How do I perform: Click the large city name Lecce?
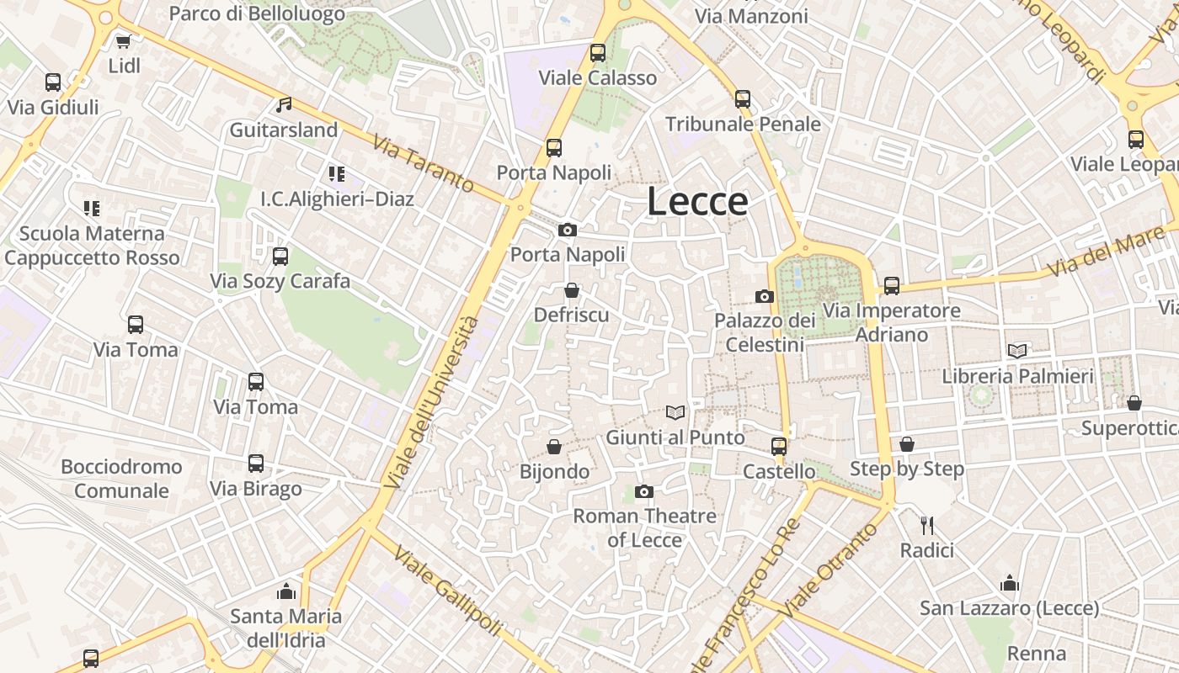click(697, 202)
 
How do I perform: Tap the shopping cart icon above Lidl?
click(124, 40)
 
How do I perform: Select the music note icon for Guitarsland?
click(284, 105)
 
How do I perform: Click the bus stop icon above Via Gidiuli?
click(53, 82)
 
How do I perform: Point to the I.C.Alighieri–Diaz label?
click(337, 199)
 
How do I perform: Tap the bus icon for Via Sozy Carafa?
click(280, 256)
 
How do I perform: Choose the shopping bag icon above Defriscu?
click(572, 290)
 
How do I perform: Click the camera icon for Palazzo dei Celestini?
click(765, 296)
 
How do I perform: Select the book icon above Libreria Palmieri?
click(1017, 351)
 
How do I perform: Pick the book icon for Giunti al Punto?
click(675, 412)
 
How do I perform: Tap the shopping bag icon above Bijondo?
click(554, 446)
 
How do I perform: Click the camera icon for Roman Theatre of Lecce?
click(644, 491)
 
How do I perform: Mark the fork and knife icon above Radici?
click(927, 526)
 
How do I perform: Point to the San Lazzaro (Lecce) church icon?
click(1010, 583)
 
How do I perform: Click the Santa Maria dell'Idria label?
click(286, 628)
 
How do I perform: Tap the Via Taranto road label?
click(423, 164)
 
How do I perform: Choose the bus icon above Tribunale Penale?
click(743, 98)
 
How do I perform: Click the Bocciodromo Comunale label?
click(121, 478)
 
